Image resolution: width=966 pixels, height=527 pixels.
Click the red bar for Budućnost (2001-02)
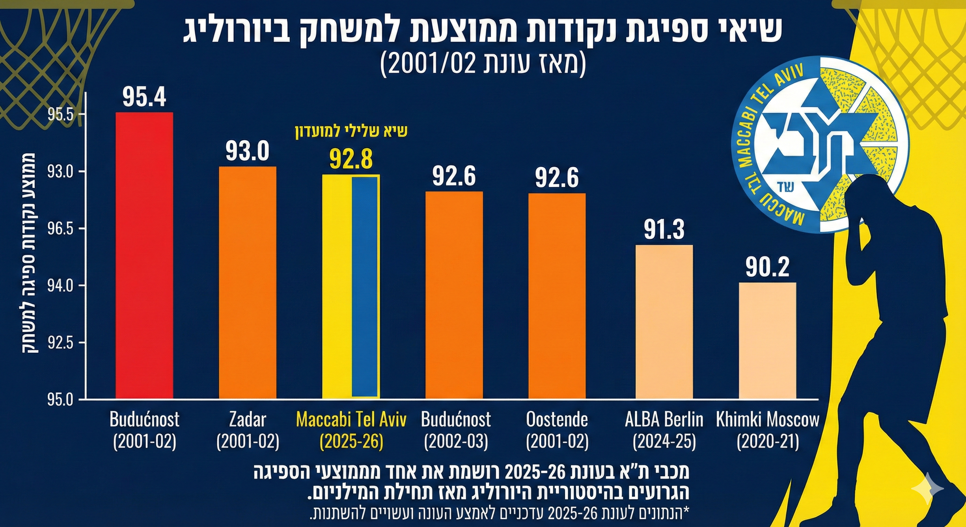pyautogui.click(x=144, y=255)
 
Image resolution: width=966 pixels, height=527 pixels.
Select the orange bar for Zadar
pyautogui.click(x=247, y=282)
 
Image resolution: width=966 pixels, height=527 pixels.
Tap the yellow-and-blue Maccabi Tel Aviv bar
pyautogui.click(x=351, y=286)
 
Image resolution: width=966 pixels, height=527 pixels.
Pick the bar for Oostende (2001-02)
pyautogui.click(x=557, y=295)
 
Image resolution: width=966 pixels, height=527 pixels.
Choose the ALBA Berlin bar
pyautogui.click(x=664, y=321)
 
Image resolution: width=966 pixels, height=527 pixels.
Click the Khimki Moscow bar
pyautogui.click(x=767, y=340)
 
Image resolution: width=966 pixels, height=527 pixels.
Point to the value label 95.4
pyautogui.click(x=144, y=97)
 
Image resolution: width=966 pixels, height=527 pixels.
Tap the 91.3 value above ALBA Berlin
pyautogui.click(x=664, y=230)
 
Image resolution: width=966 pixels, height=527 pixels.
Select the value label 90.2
pyautogui.click(x=767, y=267)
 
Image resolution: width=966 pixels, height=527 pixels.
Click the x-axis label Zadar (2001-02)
pyautogui.click(x=247, y=431)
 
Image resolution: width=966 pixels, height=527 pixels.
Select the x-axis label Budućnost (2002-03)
pyautogui.click(x=456, y=431)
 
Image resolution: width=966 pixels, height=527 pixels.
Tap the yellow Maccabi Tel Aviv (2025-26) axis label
pyautogui.click(x=351, y=431)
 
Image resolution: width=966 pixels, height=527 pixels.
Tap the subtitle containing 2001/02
pyautogui.click(x=483, y=65)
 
